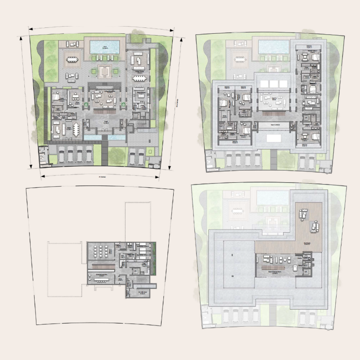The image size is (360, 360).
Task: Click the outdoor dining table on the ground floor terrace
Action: click(x=72, y=58)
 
